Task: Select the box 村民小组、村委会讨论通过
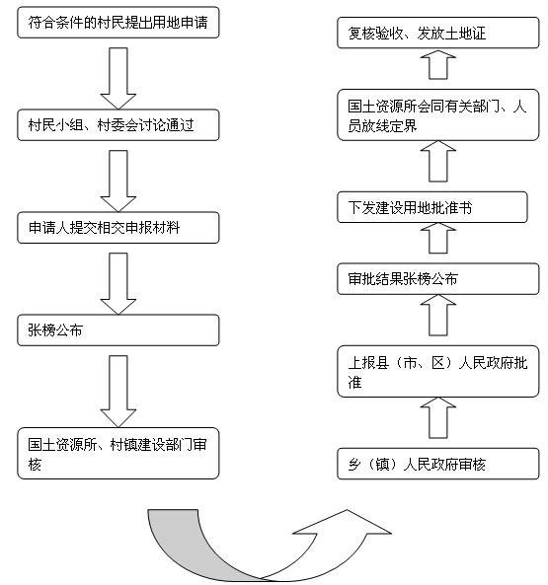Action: (x=118, y=125)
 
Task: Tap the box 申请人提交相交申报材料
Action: (x=118, y=228)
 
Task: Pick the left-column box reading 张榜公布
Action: (x=118, y=330)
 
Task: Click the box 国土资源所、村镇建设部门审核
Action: (x=118, y=452)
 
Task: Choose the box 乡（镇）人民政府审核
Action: (x=439, y=463)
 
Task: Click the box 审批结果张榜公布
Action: (x=439, y=279)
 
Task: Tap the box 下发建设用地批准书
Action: (x=439, y=207)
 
